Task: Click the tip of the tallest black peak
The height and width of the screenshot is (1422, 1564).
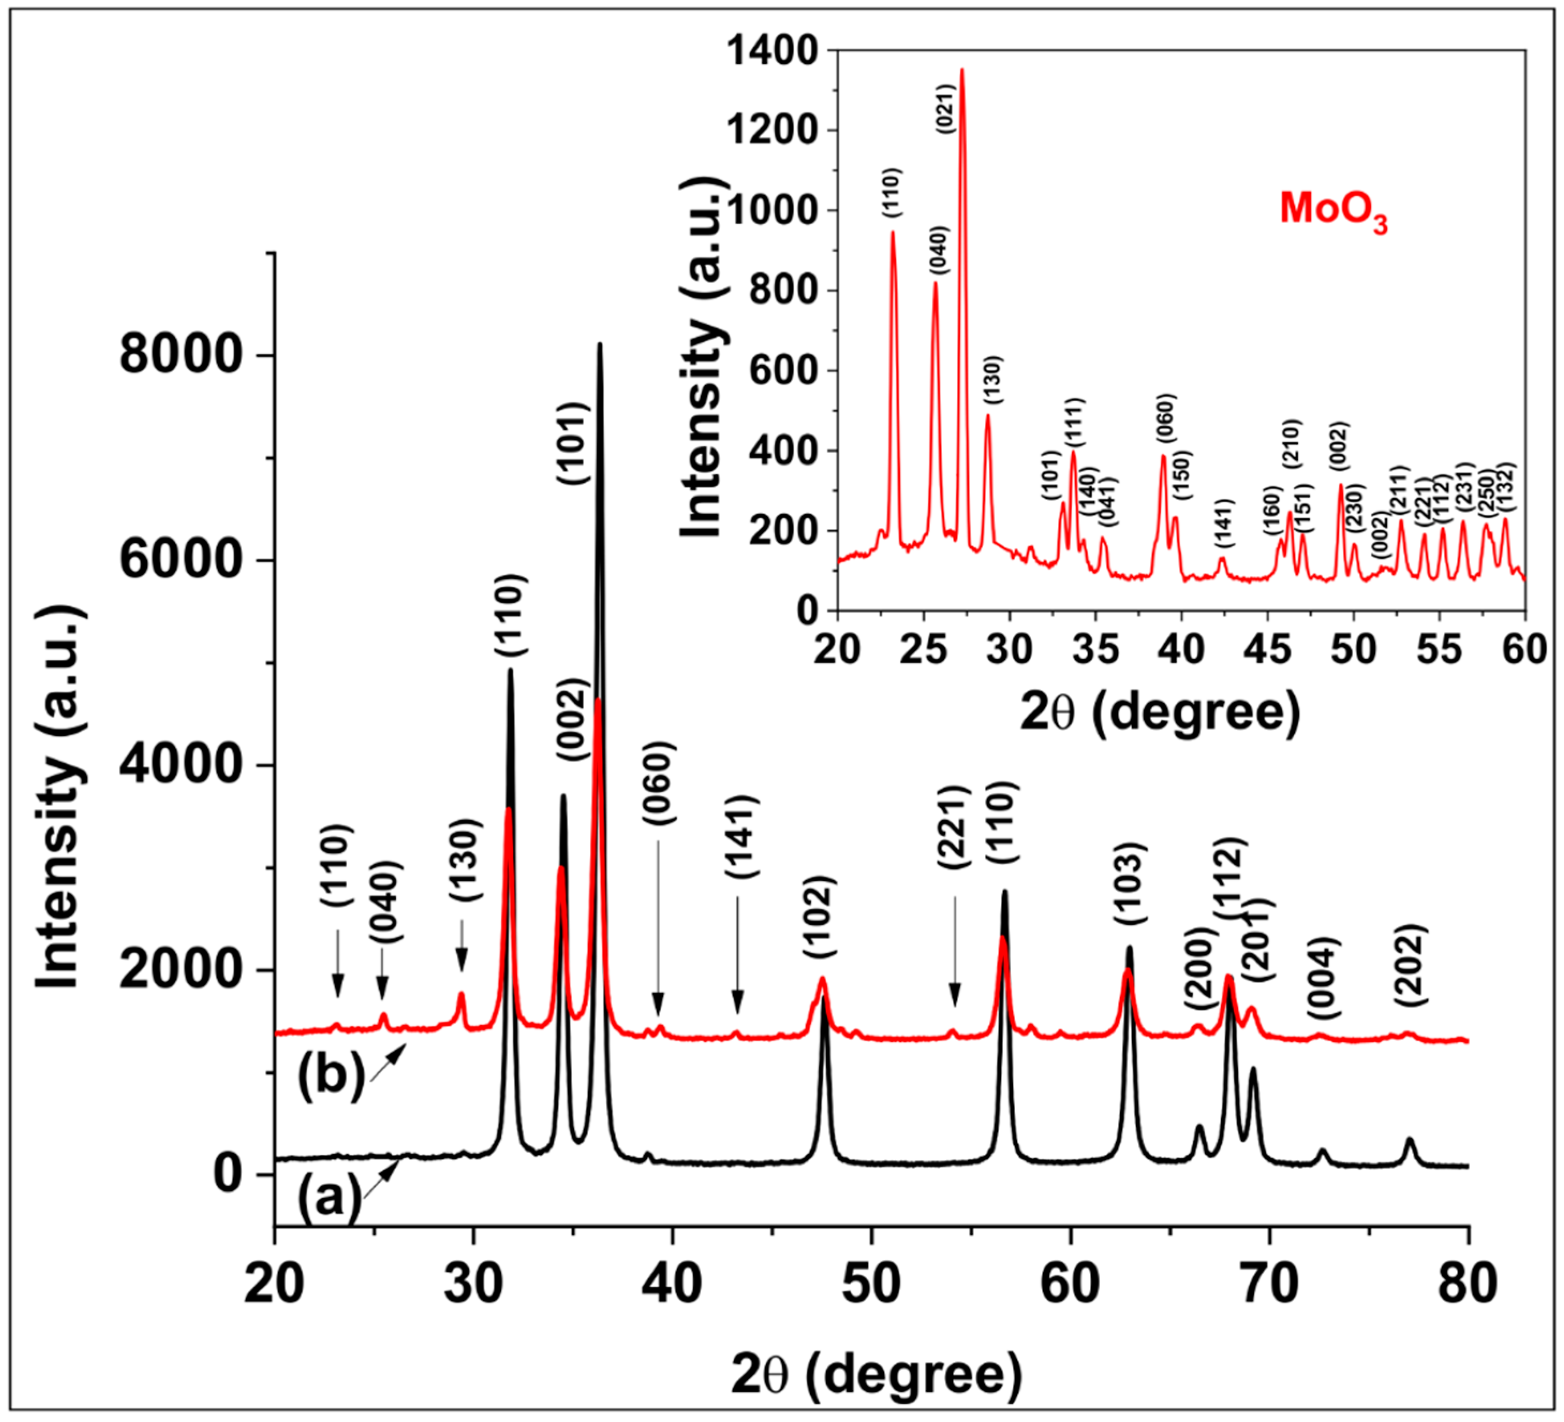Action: tap(599, 344)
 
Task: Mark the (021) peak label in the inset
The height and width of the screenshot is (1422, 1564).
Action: tap(948, 109)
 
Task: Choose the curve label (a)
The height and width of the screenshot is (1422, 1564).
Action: tap(330, 1197)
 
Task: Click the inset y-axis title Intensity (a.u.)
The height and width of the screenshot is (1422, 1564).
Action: tap(702, 357)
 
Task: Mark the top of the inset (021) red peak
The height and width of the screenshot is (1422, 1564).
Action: tap(962, 70)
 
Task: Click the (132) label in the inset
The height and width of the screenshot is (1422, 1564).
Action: tap(1507, 488)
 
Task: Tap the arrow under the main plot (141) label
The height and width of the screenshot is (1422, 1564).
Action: tap(737, 955)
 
